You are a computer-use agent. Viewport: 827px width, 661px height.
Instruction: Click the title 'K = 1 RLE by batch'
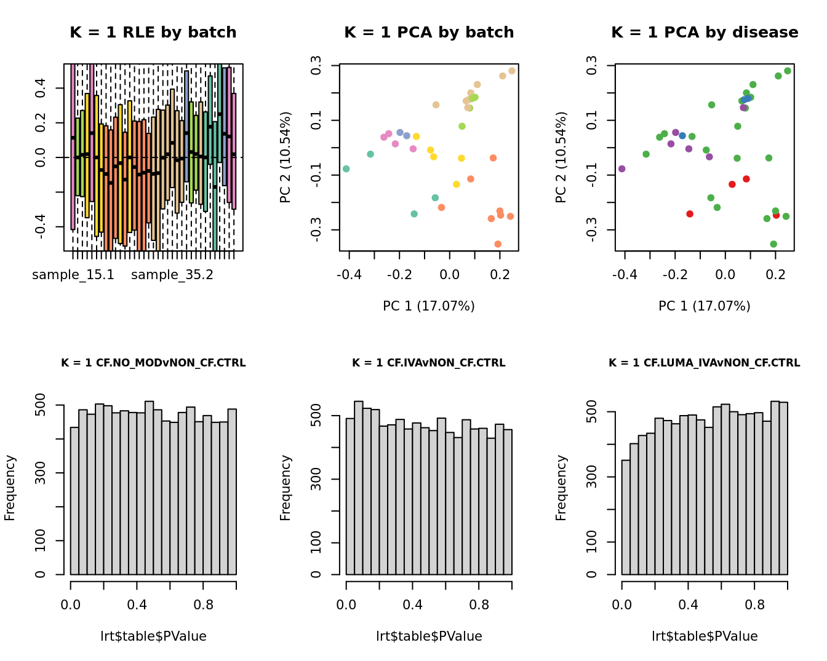click(x=153, y=33)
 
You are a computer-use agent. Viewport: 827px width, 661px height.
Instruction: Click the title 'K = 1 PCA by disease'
click(x=705, y=33)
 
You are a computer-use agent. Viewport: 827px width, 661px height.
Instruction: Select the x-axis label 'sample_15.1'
click(x=73, y=275)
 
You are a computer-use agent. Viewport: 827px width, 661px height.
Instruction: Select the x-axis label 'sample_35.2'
click(x=172, y=275)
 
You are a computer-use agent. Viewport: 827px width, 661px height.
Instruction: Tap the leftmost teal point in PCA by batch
click(x=346, y=168)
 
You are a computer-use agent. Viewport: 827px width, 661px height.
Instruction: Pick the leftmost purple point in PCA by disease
click(x=621, y=168)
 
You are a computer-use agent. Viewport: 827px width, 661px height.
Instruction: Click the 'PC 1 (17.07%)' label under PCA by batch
click(x=428, y=306)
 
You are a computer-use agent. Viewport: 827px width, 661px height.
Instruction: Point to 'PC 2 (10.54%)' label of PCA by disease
click(x=561, y=157)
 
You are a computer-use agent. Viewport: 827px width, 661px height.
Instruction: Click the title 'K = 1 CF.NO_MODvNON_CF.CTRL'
click(x=153, y=363)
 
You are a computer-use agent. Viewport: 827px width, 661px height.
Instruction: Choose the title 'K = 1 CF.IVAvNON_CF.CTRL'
click(x=428, y=363)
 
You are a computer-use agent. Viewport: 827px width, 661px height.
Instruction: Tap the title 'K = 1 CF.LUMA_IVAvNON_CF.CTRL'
click(x=704, y=363)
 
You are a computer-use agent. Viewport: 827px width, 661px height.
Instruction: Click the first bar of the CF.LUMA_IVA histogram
click(x=626, y=517)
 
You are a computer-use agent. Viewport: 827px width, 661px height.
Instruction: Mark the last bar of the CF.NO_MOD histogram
click(x=232, y=492)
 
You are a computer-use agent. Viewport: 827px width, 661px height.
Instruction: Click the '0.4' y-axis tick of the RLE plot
click(x=41, y=89)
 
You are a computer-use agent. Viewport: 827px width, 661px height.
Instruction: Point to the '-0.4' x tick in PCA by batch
click(x=350, y=274)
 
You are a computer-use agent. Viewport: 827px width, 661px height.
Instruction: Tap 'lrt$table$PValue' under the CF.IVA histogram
click(x=429, y=636)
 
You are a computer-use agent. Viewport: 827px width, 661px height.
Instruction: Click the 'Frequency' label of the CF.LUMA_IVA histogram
click(x=561, y=488)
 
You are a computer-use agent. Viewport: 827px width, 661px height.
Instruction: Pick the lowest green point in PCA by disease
click(x=773, y=244)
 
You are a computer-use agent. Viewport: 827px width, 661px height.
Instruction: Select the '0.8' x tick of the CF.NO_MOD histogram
click(x=204, y=604)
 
